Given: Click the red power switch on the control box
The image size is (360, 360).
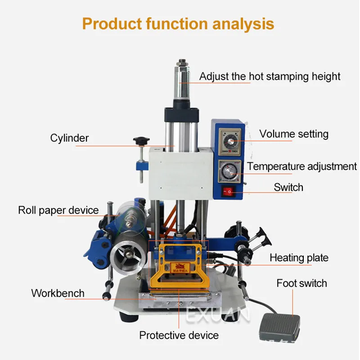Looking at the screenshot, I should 228,192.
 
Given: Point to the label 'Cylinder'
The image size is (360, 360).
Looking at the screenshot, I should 69,138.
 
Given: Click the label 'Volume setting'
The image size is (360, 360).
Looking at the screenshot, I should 294,134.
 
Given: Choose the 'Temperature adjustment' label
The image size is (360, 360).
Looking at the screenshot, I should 301,166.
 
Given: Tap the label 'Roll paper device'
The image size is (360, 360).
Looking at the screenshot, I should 58,210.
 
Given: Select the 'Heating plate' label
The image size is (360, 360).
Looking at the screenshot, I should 299,258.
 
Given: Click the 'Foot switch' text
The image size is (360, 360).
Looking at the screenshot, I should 301,283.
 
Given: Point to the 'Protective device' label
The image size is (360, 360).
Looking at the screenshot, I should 179,335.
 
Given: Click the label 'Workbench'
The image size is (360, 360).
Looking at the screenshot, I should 58,293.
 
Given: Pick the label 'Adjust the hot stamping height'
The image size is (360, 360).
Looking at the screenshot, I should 270,76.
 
